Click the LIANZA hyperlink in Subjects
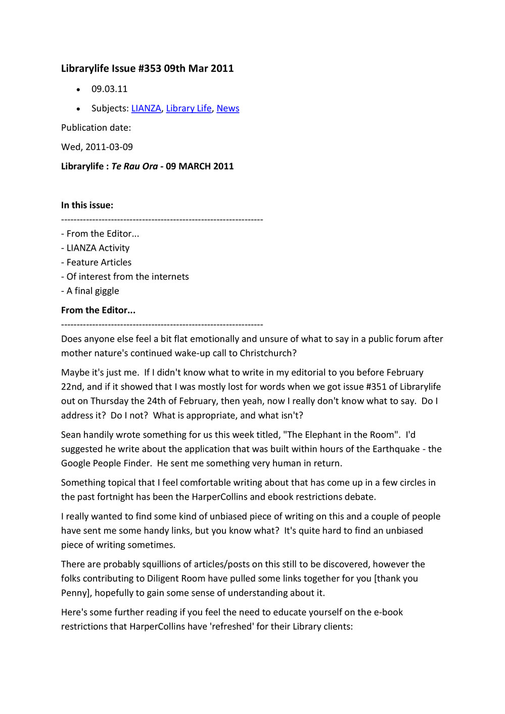click(x=146, y=108)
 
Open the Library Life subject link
click(x=189, y=108)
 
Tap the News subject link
click(x=227, y=108)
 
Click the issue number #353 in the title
click(x=149, y=68)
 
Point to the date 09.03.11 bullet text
click(x=109, y=89)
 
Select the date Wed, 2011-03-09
click(x=97, y=147)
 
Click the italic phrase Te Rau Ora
click(x=134, y=166)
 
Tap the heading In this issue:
click(x=87, y=205)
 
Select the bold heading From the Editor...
click(x=98, y=310)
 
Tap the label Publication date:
click(x=96, y=128)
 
